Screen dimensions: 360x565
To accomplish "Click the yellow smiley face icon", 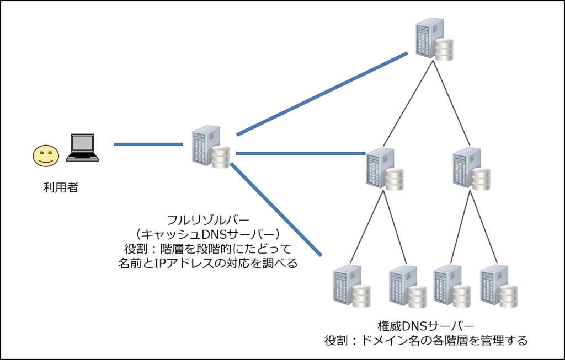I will (45, 156).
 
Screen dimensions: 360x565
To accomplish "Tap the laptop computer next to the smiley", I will (82, 148).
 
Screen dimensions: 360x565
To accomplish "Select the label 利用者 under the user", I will (61, 187).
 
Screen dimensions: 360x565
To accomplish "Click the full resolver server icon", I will (211, 147).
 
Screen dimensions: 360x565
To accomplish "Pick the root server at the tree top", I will (435, 39).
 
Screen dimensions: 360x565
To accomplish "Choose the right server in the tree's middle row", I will (472, 169).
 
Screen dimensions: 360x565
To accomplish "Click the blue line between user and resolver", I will (148, 144).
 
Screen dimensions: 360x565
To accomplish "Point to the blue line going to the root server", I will (322, 94).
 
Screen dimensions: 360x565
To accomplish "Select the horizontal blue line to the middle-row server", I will (300, 153).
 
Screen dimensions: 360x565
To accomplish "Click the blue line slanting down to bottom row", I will (276, 209).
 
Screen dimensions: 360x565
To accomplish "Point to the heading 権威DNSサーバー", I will (426, 325).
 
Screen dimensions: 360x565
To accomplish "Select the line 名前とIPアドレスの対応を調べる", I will (207, 263).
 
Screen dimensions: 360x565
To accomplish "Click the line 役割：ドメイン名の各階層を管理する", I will (426, 340).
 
